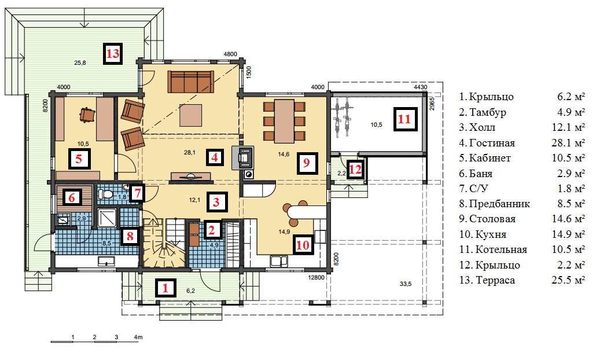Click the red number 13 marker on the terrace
113,54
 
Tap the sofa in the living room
191,81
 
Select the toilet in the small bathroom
105,194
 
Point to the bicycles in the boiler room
341,117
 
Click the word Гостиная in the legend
492,143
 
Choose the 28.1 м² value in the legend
568,142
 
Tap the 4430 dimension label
421,87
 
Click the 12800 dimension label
316,277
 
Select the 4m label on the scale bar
138,337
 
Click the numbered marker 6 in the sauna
72,197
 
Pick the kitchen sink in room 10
279,261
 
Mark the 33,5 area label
406,284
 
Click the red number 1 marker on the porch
165,288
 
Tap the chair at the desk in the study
87,114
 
